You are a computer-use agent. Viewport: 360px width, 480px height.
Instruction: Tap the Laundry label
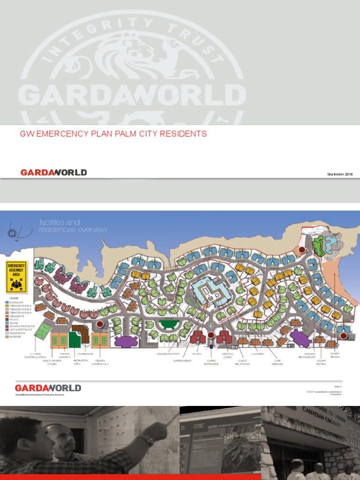pyautogui.click(x=258, y=353)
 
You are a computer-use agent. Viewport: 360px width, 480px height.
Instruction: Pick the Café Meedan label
pyautogui.click(x=277, y=362)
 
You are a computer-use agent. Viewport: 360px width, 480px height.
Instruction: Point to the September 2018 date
pyautogui.click(x=340, y=174)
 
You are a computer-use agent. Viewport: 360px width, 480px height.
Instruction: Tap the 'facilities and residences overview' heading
pyautogui.click(x=73, y=226)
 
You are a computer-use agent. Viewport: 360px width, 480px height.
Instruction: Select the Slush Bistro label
pyautogui.click(x=322, y=362)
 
